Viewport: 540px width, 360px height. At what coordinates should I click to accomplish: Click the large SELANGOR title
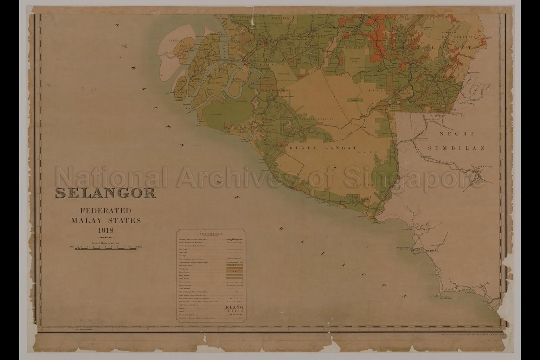(105, 193)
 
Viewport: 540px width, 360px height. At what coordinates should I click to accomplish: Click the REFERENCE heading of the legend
(211, 234)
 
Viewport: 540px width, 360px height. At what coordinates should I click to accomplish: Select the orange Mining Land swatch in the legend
(234, 269)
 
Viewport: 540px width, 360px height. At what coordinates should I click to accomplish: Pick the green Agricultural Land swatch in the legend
(234, 265)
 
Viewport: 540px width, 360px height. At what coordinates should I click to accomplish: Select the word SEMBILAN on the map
(456, 148)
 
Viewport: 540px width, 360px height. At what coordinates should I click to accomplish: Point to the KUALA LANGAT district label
(323, 148)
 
